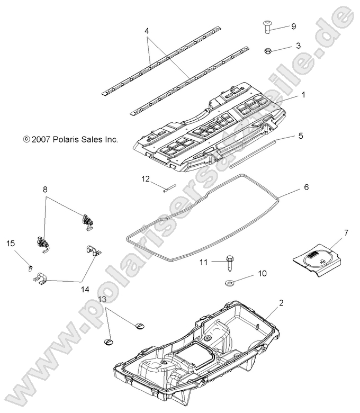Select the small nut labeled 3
[269, 51]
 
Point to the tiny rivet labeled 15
[31, 267]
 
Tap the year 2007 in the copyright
[41, 140]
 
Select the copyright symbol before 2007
[26, 140]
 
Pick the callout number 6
[306, 187]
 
